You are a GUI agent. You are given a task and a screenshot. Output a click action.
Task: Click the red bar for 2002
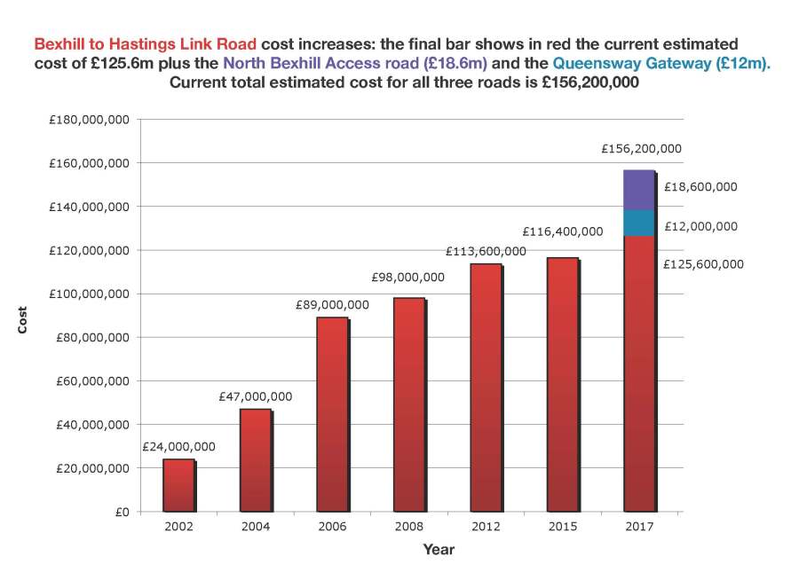pos(178,485)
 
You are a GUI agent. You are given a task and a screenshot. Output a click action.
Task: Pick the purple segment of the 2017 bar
pos(639,190)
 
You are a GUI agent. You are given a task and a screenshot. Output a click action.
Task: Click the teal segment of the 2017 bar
pos(639,223)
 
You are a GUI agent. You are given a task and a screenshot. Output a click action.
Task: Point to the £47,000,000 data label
pos(255,397)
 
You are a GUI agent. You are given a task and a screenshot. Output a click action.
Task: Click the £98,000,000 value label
pos(408,278)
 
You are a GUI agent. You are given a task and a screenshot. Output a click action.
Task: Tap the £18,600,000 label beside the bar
pos(700,187)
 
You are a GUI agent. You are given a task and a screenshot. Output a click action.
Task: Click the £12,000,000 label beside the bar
pos(700,226)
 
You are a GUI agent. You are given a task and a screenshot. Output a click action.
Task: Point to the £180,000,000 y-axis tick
pos(88,120)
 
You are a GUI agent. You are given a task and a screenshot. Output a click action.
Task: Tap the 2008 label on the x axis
pos(408,527)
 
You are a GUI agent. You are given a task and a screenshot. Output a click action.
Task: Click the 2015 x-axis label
pos(562,527)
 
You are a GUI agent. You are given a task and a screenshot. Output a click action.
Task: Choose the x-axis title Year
pos(439,549)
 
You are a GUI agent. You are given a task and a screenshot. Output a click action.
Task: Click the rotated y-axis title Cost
pos(22,320)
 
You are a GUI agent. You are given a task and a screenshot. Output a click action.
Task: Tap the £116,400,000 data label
pos(562,231)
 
